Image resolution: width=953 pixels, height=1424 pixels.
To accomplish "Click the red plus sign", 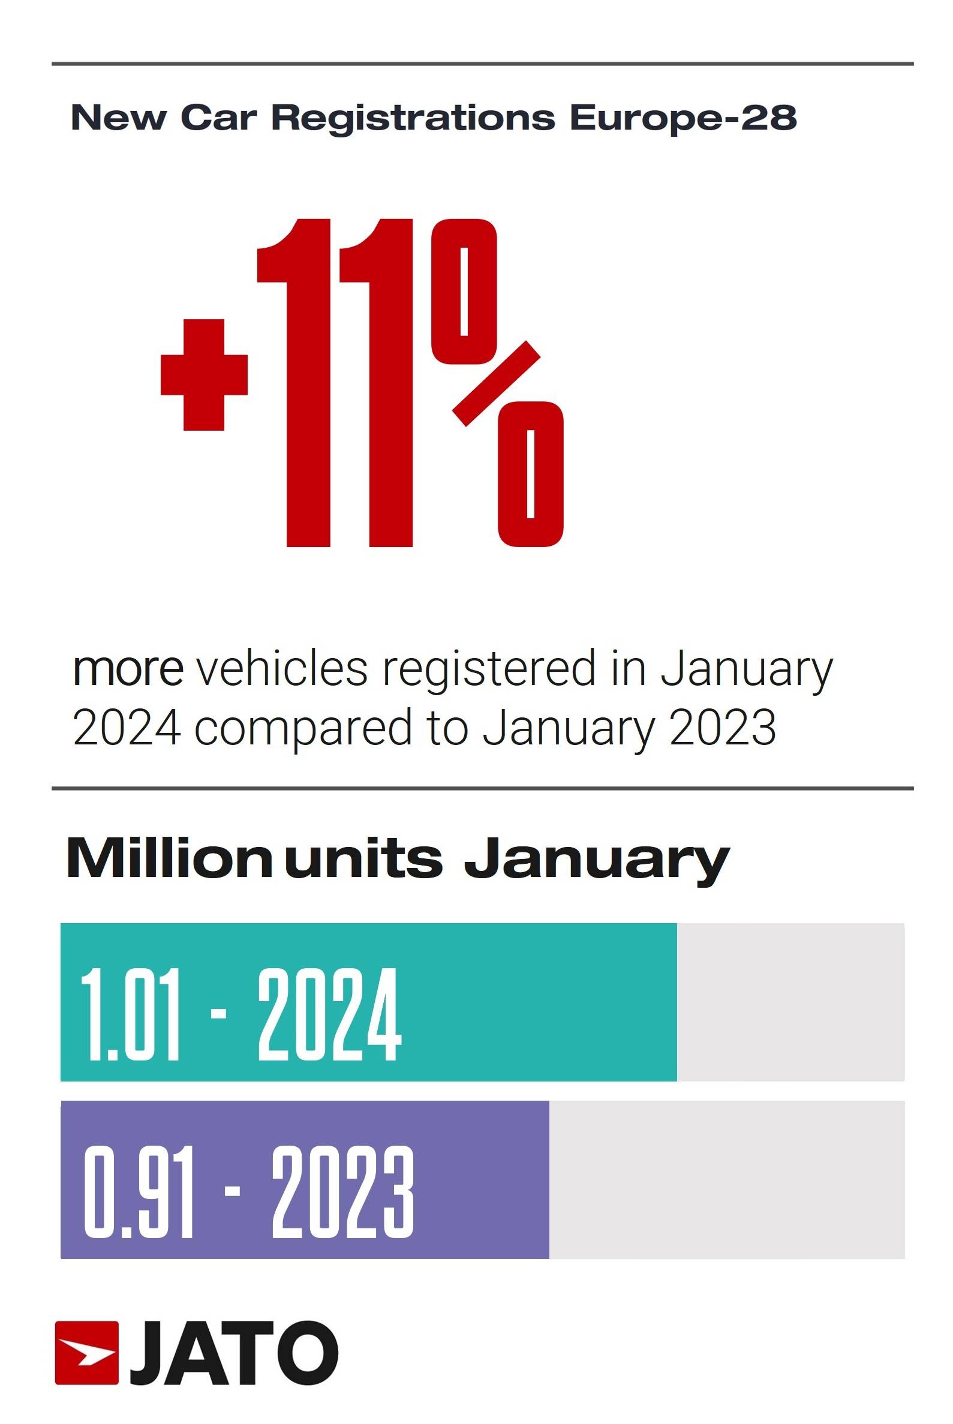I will point(204,374).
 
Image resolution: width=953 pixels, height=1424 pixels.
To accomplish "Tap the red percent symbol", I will point(497,383).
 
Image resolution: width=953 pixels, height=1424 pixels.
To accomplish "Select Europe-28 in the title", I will point(683,118).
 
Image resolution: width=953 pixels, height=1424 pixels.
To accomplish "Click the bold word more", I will point(128,669).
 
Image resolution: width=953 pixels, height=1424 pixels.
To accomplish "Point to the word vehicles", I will point(282,669).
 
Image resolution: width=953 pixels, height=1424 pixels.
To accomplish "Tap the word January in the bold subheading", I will point(597,860).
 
